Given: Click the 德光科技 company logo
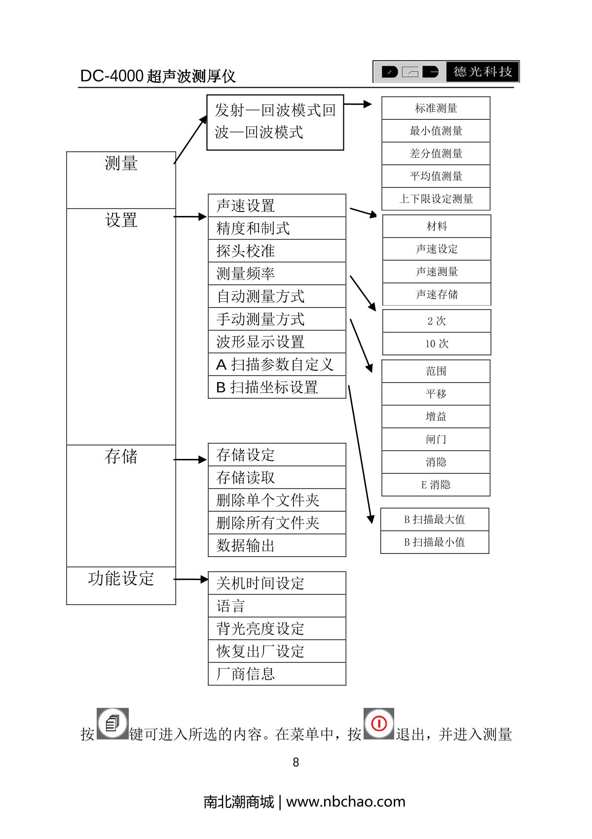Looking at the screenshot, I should tap(446, 72).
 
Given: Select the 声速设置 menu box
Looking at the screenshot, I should tap(276, 206).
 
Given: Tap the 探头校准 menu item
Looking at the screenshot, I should tap(276, 251).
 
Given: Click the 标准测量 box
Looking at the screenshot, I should tap(436, 108).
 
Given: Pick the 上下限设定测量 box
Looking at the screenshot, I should tap(436, 199).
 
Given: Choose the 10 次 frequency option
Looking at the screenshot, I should tap(437, 344).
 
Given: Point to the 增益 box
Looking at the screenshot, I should tap(436, 417).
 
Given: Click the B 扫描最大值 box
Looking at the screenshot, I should tap(435, 520).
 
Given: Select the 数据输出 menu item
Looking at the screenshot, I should tap(276, 546).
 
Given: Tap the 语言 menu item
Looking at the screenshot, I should tap(276, 606).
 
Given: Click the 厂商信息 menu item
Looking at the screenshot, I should tap(276, 674).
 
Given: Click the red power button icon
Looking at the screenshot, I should tap(379, 724).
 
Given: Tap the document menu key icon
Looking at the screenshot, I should tap(112, 724).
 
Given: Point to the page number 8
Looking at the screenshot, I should tap(296, 763).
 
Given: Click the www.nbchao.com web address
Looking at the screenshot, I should tap(345, 802).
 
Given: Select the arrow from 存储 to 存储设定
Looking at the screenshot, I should tap(190, 459).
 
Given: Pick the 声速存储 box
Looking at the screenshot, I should tap(437, 294).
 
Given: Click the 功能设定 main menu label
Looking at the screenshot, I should tap(121, 579).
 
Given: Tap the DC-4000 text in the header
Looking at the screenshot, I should tap(111, 76).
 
